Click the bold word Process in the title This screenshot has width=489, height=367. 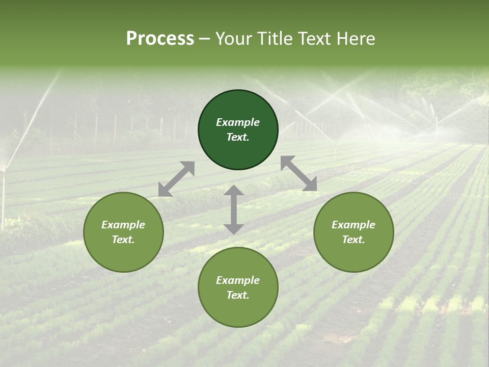tap(160, 39)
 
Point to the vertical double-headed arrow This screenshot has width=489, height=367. tap(234, 209)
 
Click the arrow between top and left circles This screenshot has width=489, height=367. tap(176, 179)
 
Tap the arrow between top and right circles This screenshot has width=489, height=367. tap(299, 173)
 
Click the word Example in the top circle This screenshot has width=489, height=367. tap(238, 122)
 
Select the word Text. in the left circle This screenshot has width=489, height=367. tap(123, 240)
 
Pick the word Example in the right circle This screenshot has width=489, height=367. tap(354, 225)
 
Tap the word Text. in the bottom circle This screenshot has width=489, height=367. tap(238, 295)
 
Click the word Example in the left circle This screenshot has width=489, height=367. tap(123, 225)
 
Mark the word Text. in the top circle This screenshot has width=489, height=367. tap(238, 137)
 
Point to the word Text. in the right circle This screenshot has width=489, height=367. tap(354, 240)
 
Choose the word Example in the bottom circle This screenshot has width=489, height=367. tap(238, 280)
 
